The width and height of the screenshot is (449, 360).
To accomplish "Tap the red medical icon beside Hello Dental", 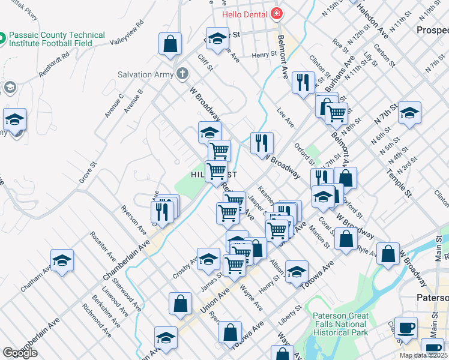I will point(276,13).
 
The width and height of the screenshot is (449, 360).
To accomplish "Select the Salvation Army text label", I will point(145,74).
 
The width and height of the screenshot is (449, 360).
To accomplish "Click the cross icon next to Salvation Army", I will point(182,74).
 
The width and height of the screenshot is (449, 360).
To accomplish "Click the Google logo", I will point(20,352).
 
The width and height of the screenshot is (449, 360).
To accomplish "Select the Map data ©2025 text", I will point(423,355).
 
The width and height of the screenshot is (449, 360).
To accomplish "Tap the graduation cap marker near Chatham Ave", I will point(62,260).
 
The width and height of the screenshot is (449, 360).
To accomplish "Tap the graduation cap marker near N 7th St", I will point(409,113).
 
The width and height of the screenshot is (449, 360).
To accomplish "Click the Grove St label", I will point(88,172).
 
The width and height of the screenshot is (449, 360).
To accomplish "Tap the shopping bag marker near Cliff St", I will point(170,44).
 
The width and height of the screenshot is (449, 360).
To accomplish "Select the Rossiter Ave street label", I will point(103,245).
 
